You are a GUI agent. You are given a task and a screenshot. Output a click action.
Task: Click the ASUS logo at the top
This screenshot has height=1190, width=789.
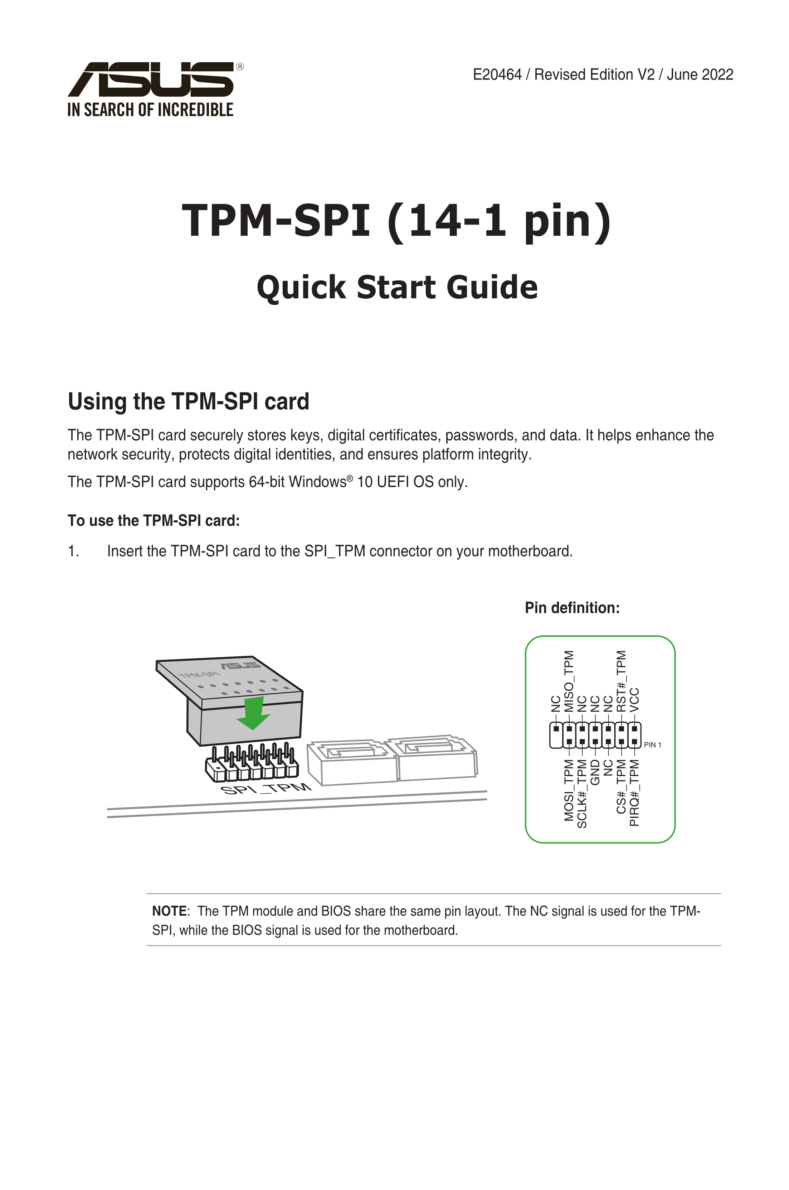tap(151, 79)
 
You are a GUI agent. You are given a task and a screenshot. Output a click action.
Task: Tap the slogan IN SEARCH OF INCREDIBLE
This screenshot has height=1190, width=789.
tap(150, 110)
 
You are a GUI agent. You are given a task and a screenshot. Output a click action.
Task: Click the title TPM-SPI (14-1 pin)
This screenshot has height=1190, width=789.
tap(396, 221)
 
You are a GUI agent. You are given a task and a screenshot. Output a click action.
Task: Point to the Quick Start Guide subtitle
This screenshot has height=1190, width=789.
tap(397, 287)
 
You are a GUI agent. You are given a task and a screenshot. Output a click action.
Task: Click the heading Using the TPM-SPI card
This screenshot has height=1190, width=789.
tap(188, 401)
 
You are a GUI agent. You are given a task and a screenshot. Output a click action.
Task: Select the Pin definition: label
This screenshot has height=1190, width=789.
tap(572, 608)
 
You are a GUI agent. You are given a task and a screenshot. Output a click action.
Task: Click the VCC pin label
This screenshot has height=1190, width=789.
tap(634, 700)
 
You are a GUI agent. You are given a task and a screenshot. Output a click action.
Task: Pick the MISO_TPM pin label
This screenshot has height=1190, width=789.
tap(569, 681)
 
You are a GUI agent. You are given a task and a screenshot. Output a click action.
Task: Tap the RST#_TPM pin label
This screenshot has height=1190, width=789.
tap(622, 681)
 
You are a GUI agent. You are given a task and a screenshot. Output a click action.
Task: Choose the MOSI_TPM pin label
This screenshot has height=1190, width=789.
tap(569, 790)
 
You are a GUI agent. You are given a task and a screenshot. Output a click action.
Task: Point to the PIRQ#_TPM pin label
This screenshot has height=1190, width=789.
tap(634, 793)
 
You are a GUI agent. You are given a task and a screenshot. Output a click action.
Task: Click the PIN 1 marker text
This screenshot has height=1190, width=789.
tap(653, 745)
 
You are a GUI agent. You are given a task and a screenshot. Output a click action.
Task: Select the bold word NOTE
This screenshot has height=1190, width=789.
tap(169, 911)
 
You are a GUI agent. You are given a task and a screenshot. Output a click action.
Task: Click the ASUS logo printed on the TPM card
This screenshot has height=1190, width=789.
tap(241, 665)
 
